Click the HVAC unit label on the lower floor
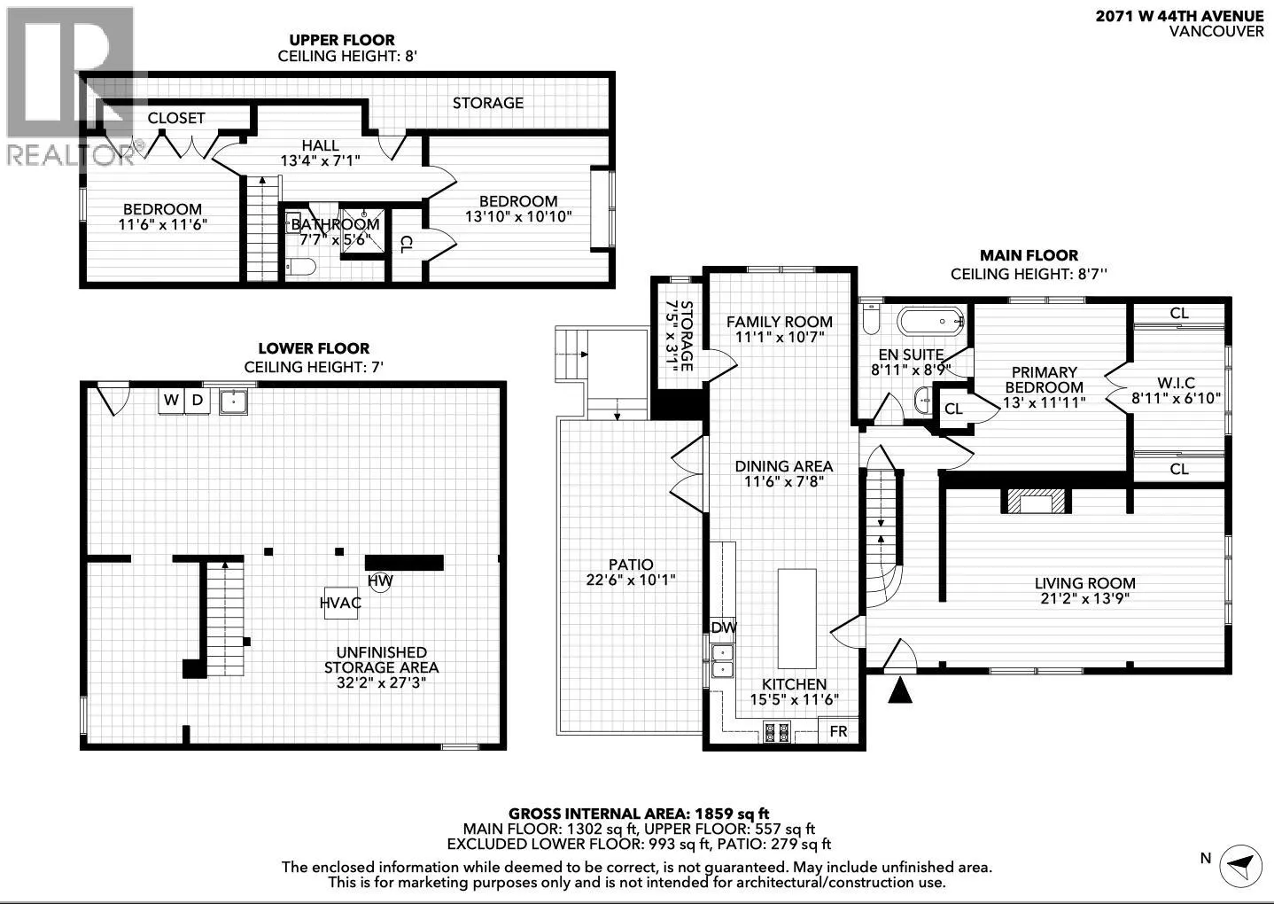tap(340, 603)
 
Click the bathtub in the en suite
tap(931, 322)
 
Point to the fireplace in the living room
tap(1037, 502)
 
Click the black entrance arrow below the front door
tap(900, 690)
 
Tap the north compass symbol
tap(1240, 867)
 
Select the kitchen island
tap(796, 618)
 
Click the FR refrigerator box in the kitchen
tap(838, 730)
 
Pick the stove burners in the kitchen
tap(776, 732)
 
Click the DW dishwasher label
tap(724, 627)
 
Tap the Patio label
tap(631, 565)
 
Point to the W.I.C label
tap(1176, 382)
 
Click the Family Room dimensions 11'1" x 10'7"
tap(779, 337)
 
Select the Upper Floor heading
tap(342, 40)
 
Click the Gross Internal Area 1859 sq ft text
tap(639, 814)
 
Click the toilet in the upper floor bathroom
tap(299, 266)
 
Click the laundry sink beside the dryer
tap(233, 401)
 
